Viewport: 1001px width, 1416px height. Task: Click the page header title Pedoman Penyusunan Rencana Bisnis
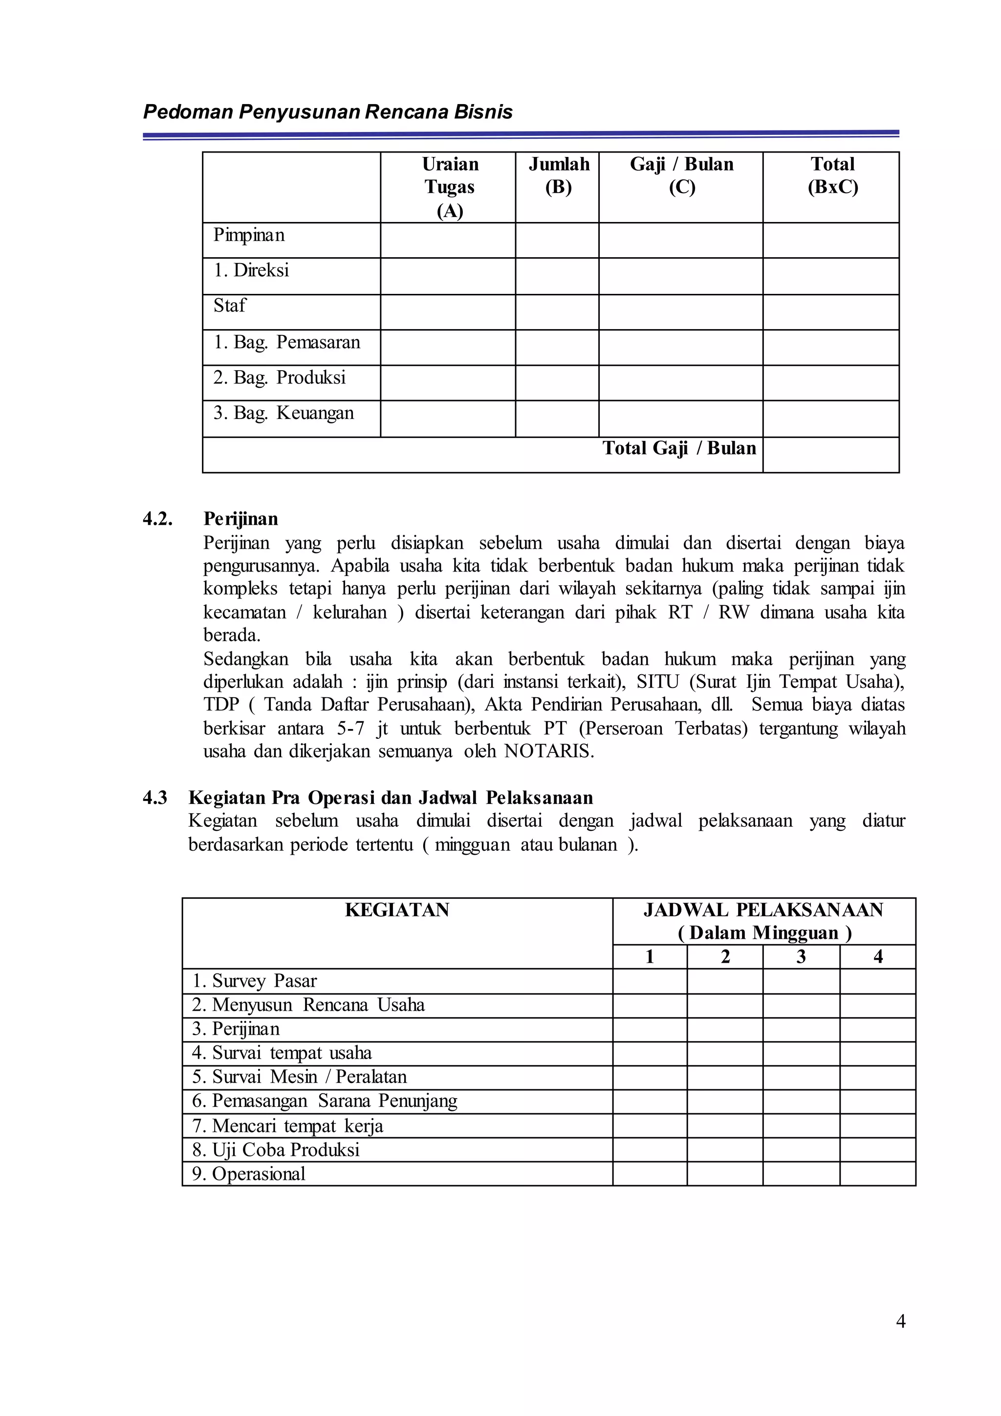pyautogui.click(x=327, y=112)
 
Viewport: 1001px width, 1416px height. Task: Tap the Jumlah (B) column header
pyautogui.click(x=559, y=176)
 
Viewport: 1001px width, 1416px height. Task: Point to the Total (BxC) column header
pyautogui.click(x=832, y=176)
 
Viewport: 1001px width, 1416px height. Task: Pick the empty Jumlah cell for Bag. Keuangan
pyautogui.click(x=557, y=418)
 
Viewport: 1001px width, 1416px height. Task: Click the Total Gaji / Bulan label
pyautogui.click(x=678, y=448)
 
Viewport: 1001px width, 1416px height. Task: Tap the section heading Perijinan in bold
pyautogui.click(x=240, y=519)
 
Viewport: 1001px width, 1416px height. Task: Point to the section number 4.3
pyautogui.click(x=155, y=797)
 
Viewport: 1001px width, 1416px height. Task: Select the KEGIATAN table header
pyautogui.click(x=397, y=910)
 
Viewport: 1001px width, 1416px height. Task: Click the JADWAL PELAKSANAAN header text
pyautogui.click(x=763, y=910)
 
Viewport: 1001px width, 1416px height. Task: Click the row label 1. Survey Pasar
pyautogui.click(x=254, y=981)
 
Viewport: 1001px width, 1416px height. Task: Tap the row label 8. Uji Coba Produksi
pyautogui.click(x=276, y=1150)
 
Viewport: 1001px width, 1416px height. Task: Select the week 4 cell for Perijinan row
pyautogui.click(x=877, y=1029)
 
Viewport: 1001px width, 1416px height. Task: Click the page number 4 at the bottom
pyautogui.click(x=900, y=1322)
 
